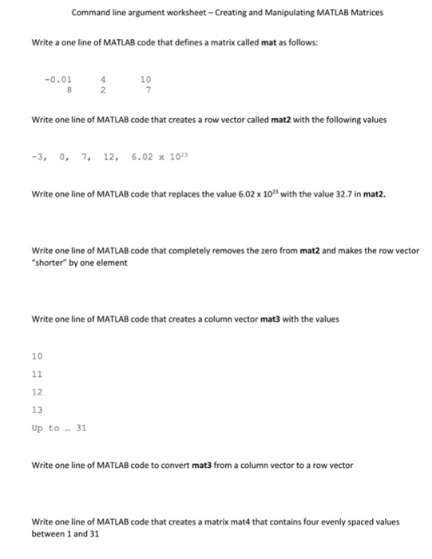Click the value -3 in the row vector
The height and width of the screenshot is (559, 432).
(37, 159)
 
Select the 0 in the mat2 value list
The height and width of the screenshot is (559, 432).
(62, 159)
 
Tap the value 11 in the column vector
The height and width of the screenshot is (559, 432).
(37, 373)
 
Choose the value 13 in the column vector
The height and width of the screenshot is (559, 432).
(37, 410)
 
